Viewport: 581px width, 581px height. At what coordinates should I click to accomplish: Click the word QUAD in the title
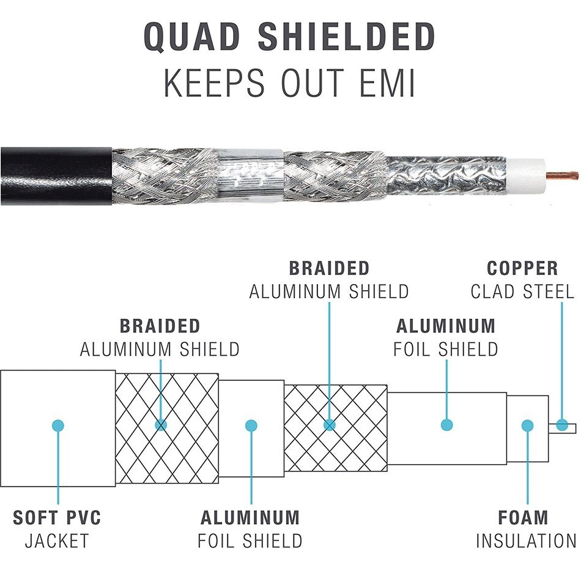[191, 36]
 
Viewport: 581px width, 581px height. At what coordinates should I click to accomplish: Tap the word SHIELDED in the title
[346, 36]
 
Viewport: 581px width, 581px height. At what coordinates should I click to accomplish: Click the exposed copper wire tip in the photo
[562, 175]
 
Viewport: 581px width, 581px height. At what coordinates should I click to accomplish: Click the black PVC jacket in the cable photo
[56, 176]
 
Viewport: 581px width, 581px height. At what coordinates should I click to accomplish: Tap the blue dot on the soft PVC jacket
[58, 425]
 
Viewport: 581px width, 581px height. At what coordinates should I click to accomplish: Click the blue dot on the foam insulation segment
[527, 425]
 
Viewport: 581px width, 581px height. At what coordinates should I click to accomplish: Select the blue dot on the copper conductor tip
[562, 425]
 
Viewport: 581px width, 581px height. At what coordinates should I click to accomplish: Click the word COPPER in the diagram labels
[522, 268]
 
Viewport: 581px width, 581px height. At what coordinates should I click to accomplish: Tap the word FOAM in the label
[523, 517]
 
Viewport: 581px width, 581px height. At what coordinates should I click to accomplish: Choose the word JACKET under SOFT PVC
[57, 541]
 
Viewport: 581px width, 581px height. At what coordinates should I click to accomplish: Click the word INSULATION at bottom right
[526, 541]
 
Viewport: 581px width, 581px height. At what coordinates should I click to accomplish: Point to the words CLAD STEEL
[522, 291]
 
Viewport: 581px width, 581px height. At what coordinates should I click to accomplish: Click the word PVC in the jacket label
[84, 517]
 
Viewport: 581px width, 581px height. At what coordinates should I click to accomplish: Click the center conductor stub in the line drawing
[562, 428]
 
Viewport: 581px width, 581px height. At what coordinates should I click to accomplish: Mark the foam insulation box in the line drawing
[527, 429]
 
